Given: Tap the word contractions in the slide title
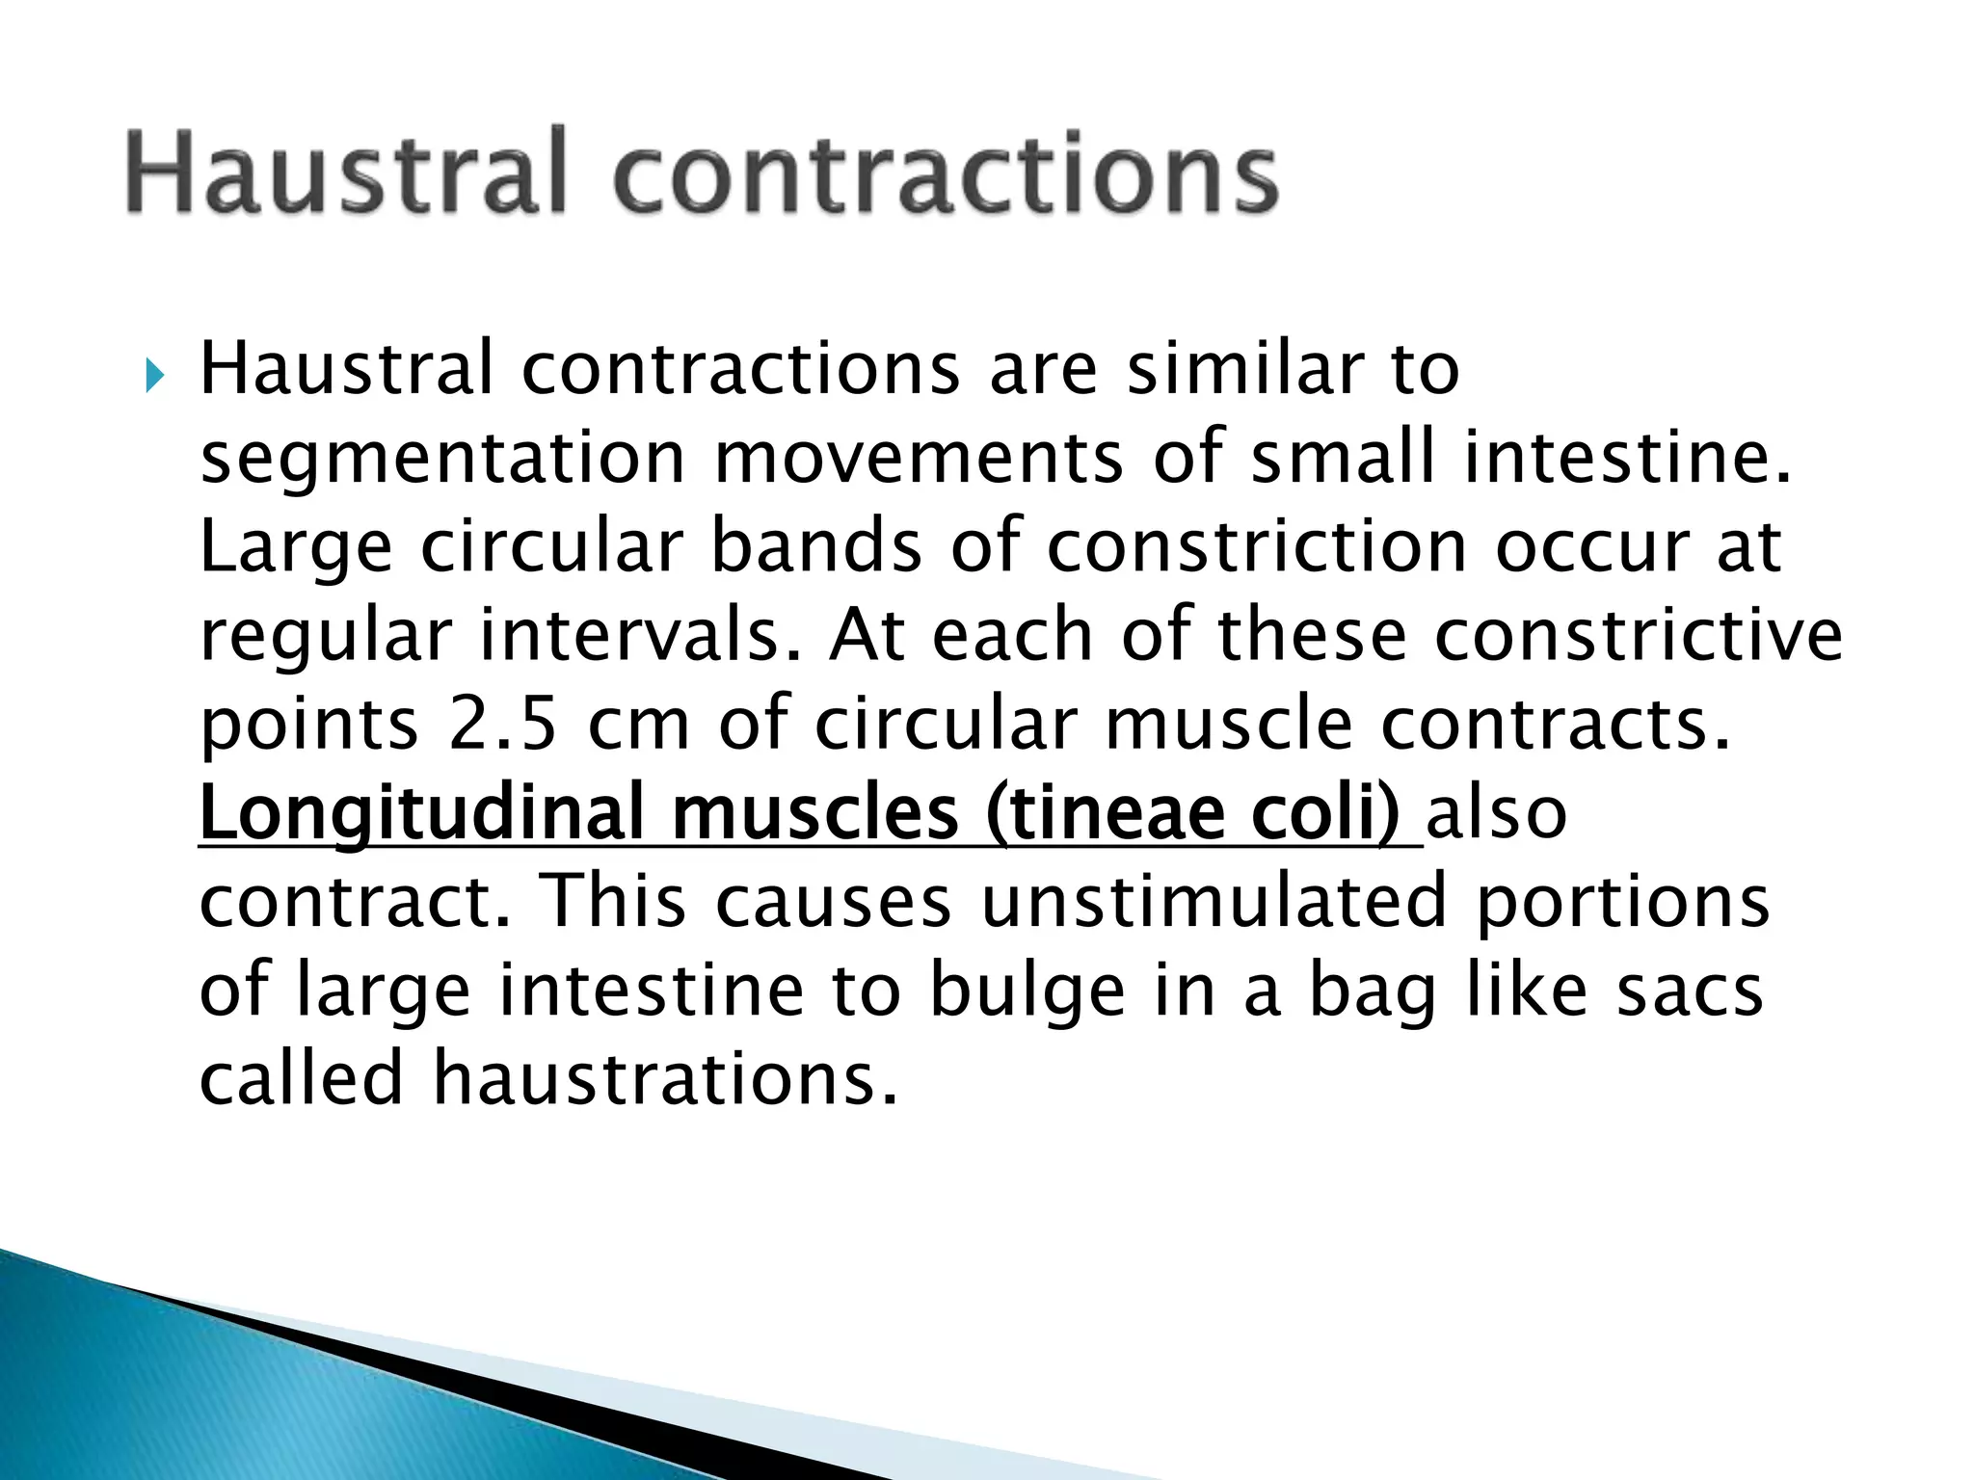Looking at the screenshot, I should tap(946, 173).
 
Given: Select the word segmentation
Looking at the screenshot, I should tap(442, 459).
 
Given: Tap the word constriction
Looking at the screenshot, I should tap(1256, 546).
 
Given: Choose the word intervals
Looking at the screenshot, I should tap(640, 636).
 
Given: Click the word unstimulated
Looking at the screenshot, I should tap(1214, 902).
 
